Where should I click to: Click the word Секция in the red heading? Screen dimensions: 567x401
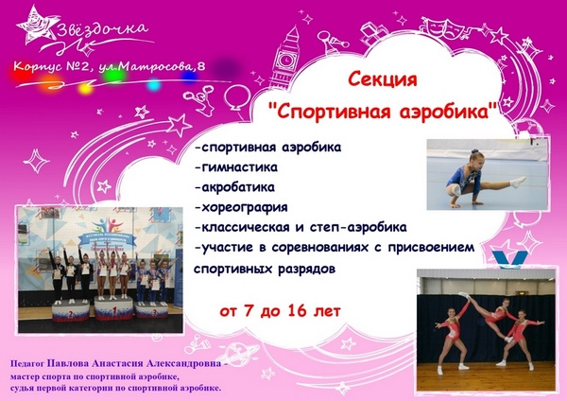[383, 79]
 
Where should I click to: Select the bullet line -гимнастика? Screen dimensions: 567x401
[236, 167]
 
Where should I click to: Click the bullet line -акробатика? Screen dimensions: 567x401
[234, 187]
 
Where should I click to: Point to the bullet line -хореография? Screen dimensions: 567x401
[241, 207]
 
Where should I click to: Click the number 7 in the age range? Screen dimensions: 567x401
[248, 310]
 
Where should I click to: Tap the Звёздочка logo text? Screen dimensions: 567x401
[103, 30]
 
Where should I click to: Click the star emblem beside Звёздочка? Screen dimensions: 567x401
[37, 26]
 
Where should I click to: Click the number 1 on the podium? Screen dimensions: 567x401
[114, 310]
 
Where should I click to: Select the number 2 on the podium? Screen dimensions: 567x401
[71, 315]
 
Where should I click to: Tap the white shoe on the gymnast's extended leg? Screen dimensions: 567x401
[518, 182]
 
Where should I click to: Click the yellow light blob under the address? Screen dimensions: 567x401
[86, 88]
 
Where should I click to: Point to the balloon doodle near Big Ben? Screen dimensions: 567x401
[237, 97]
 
